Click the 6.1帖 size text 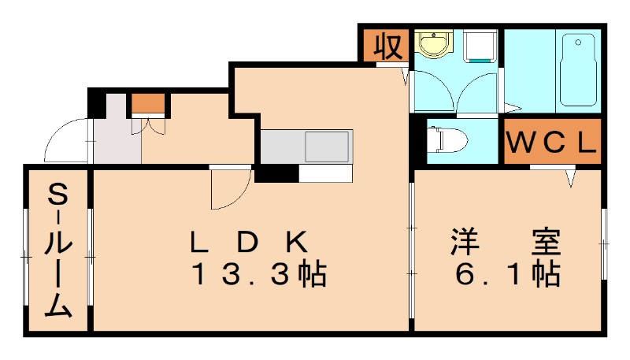click(508, 274)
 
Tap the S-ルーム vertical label click(57, 251)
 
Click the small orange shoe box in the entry click(147, 104)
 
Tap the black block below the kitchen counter click(276, 174)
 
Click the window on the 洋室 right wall click(605, 244)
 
